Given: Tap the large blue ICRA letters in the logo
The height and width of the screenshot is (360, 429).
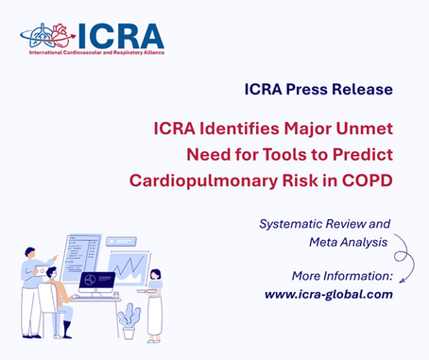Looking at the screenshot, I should pyautogui.click(x=120, y=36).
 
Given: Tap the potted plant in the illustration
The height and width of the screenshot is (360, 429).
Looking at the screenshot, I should pyautogui.click(x=128, y=319).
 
